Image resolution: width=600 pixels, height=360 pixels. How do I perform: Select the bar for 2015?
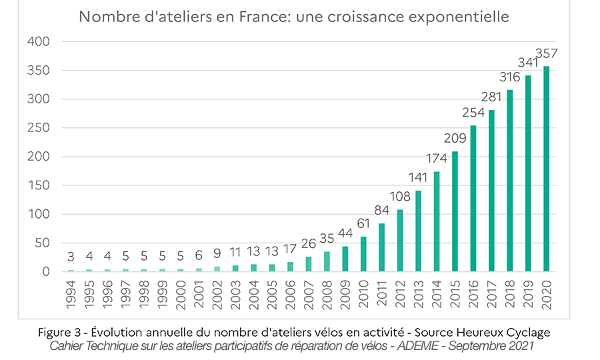click(455, 211)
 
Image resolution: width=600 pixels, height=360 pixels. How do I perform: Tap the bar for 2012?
click(401, 241)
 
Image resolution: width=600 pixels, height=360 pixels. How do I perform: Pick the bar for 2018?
click(510, 181)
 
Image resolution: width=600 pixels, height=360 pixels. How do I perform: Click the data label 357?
click(547, 53)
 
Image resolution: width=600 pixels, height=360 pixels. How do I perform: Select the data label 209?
click(455, 139)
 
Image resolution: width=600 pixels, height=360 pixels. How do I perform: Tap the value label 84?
click(382, 211)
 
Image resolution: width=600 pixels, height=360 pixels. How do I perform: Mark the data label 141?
click(419, 178)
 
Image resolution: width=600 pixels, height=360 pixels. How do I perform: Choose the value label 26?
click(309, 244)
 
